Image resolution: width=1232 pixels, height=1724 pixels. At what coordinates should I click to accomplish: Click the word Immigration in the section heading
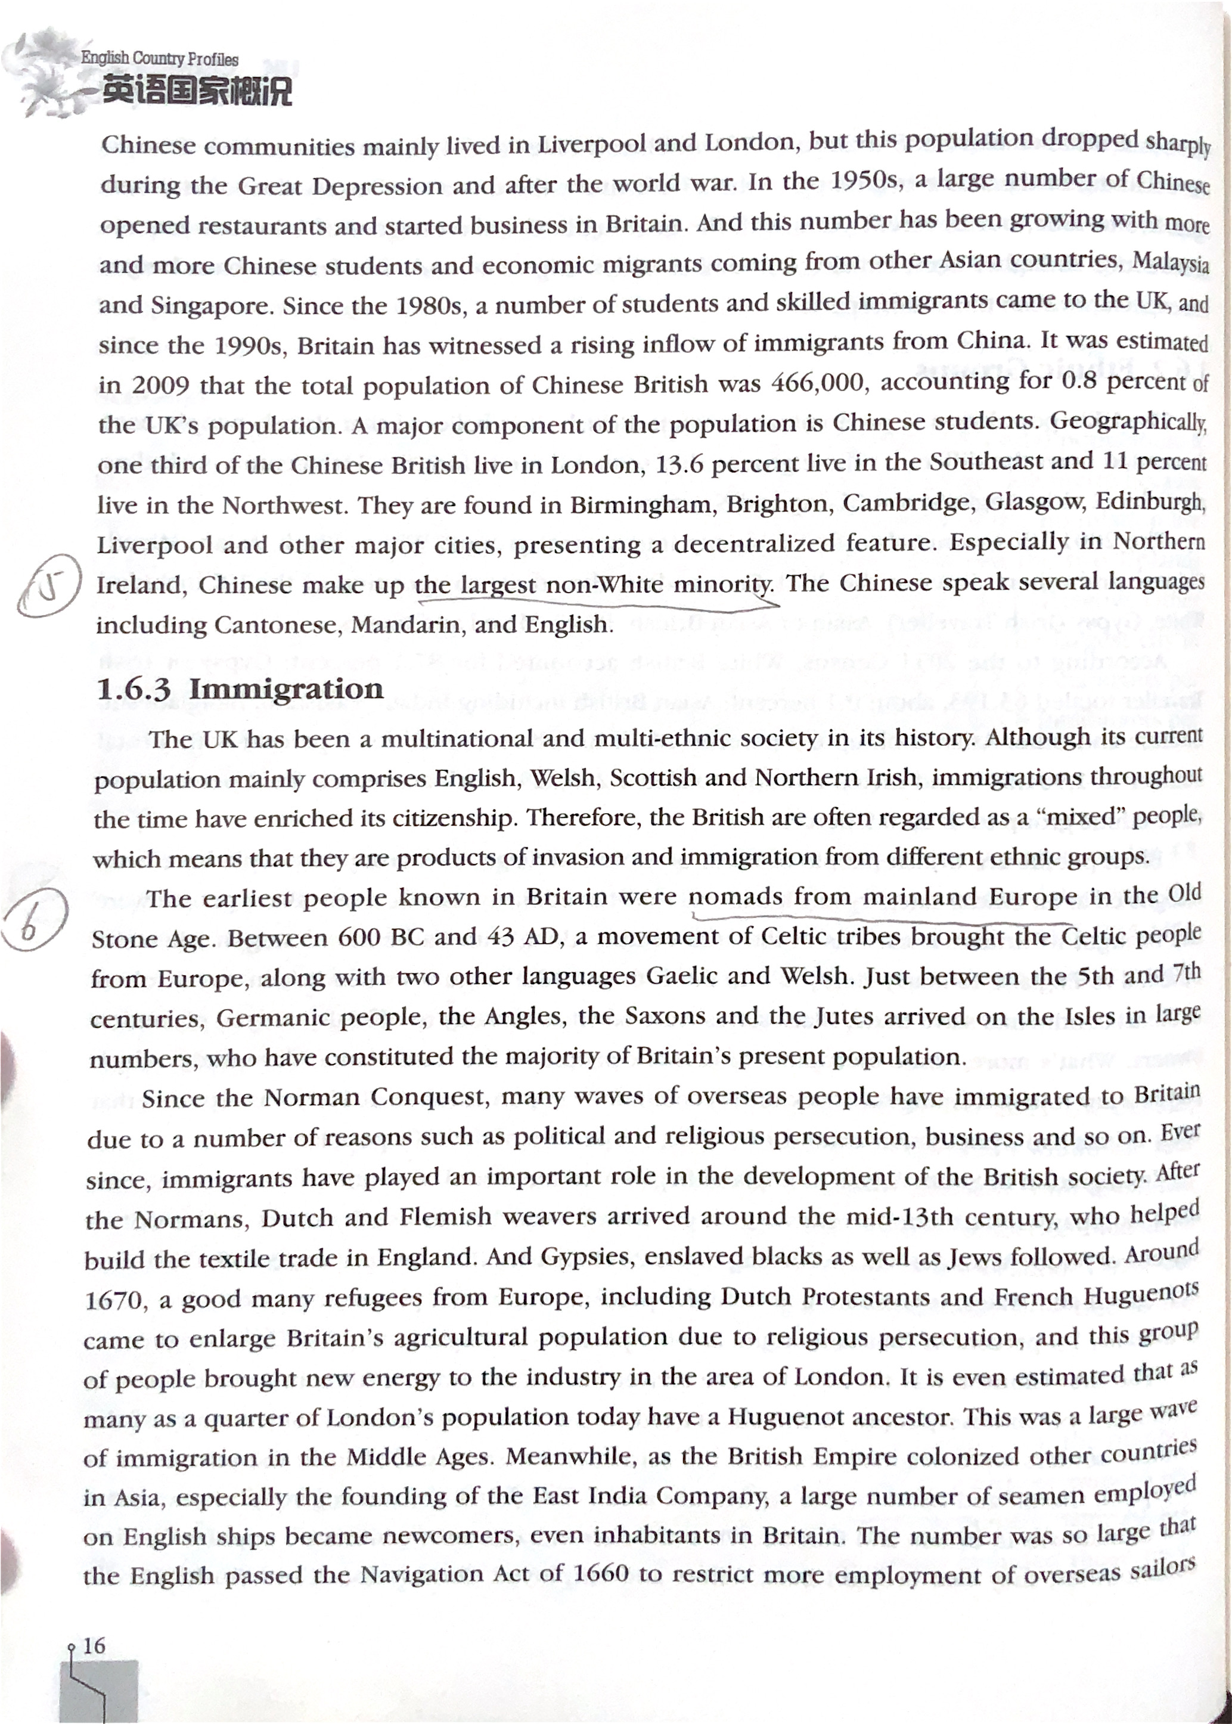(286, 689)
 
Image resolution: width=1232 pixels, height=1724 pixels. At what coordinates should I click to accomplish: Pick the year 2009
(161, 386)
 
